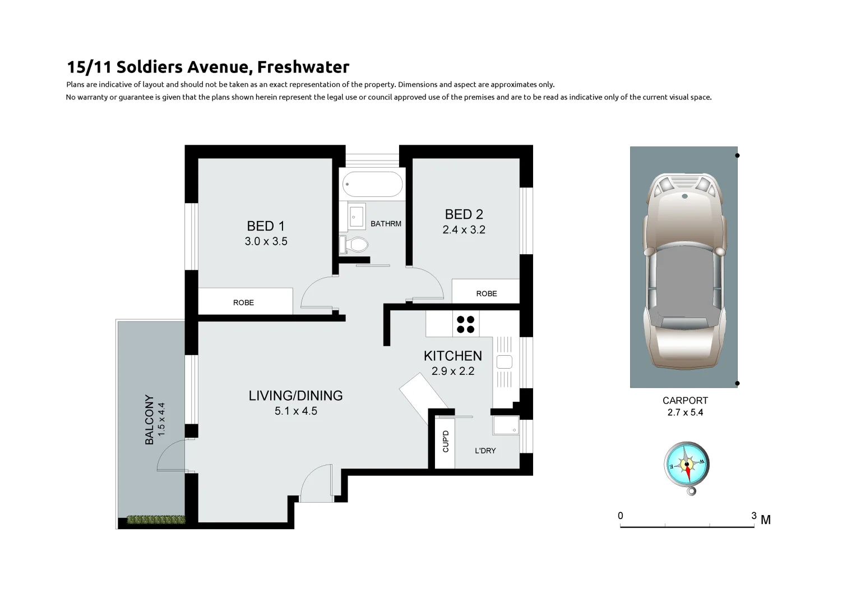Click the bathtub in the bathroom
[x=373, y=183]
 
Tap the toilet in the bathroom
[x=355, y=245]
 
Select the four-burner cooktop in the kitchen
[x=465, y=324]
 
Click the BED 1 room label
[x=266, y=226]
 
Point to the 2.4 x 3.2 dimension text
[x=464, y=229]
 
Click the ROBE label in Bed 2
[x=486, y=293]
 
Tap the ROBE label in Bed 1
[x=243, y=302]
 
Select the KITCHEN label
[x=452, y=356]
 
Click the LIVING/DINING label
[x=295, y=396]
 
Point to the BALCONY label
[x=150, y=420]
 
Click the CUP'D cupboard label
[x=446, y=441]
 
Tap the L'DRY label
[x=485, y=451]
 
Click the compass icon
[x=686, y=465]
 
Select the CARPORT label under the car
[x=685, y=401]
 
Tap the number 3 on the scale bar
[x=753, y=515]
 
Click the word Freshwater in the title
[x=303, y=67]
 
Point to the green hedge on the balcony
[x=156, y=520]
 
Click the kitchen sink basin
[x=505, y=362]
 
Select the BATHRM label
[x=386, y=224]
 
